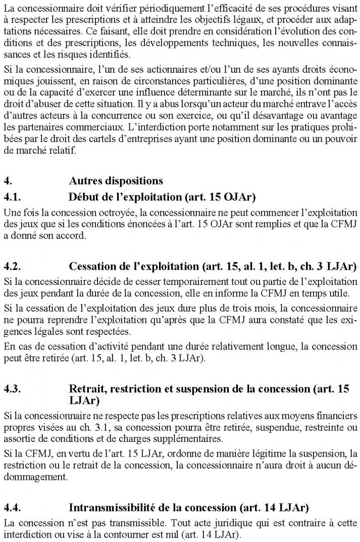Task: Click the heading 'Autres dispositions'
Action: point(116,180)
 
